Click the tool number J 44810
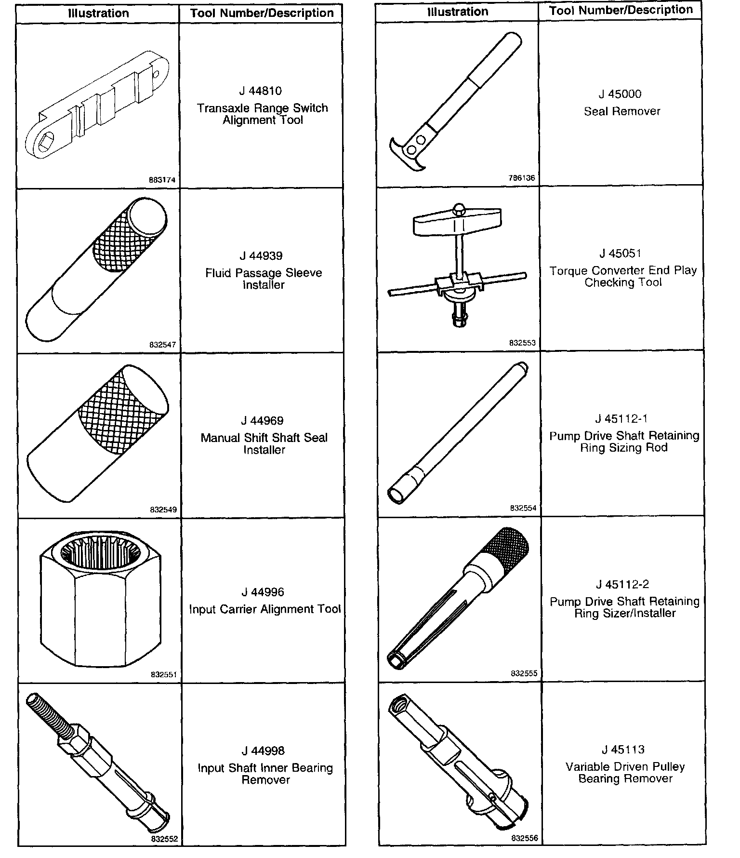click(260, 91)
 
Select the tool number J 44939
click(261, 256)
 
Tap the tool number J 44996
click(263, 592)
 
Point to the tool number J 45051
click(621, 254)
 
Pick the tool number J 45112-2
click(622, 585)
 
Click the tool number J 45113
click(623, 750)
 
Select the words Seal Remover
click(622, 111)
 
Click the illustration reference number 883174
click(162, 180)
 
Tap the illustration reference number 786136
click(522, 178)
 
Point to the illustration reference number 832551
click(164, 675)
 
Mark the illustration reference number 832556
click(525, 839)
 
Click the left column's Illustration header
click(98, 13)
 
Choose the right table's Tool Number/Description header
click(621, 10)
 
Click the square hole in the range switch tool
click(47, 144)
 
